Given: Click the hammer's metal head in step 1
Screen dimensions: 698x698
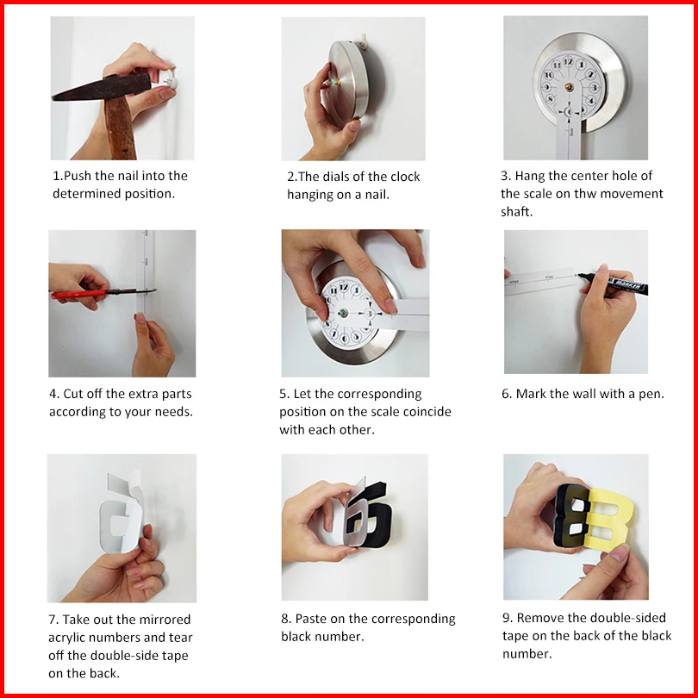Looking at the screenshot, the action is [103, 87].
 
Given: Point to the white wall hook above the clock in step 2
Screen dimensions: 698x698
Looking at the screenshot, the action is [364, 41].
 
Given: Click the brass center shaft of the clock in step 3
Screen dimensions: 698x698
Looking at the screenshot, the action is [569, 86].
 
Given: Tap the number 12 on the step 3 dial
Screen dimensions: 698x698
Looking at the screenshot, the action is [568, 61].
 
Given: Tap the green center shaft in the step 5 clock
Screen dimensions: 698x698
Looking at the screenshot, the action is [343, 313].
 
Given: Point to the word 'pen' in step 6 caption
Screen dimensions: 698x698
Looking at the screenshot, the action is [652, 395].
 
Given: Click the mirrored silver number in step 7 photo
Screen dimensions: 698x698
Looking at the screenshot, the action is [122, 519].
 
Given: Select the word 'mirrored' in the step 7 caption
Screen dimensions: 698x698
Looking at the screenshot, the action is [167, 620].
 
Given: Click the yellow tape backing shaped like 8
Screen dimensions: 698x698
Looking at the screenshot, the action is [610, 519].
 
